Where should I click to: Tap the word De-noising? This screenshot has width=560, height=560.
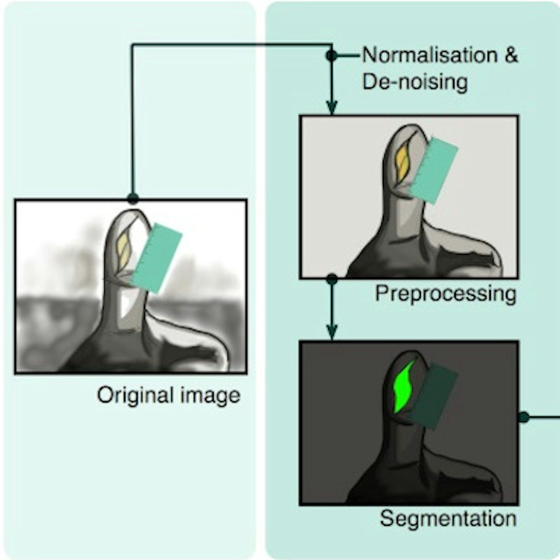coord(415,82)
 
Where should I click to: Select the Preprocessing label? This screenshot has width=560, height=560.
coord(446,294)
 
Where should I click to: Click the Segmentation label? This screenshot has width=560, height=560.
coord(448,518)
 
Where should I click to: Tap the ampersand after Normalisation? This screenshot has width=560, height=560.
coord(511,56)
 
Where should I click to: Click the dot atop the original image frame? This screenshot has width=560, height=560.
coord(133,199)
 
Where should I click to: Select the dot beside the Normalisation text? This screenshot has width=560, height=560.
coord(331,56)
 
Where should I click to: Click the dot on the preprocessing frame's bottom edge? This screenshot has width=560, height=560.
coord(332,279)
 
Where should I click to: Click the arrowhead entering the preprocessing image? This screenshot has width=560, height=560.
coord(331,108)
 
